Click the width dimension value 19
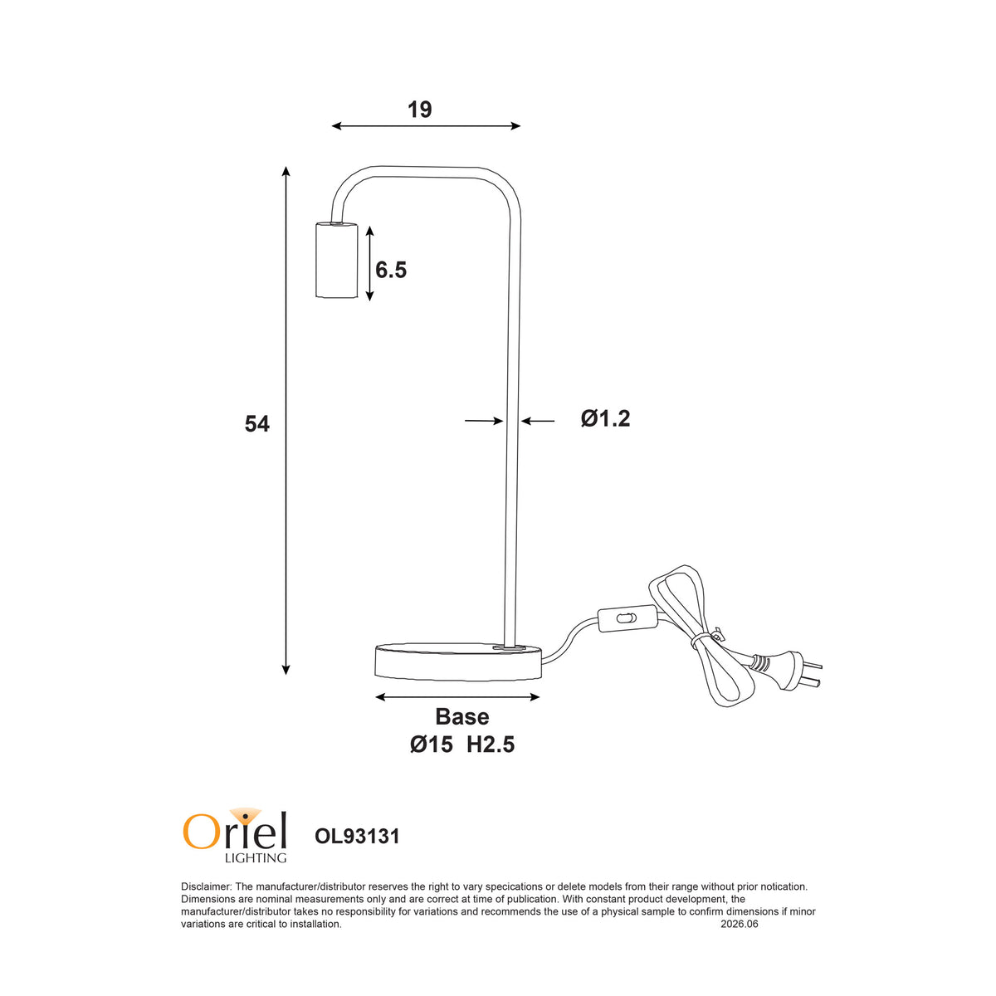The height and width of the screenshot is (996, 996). point(419,110)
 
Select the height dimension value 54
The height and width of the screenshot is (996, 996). point(256,424)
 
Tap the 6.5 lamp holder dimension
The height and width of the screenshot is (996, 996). point(391,270)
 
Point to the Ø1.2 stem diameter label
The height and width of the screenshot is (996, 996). point(605,418)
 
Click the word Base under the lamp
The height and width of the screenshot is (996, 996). point(462,716)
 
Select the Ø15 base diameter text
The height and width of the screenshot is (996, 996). point(431,745)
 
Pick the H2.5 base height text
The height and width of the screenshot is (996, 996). point(491,745)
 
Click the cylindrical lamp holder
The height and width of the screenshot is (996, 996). point(336,260)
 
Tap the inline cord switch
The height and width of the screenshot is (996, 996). point(627,618)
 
